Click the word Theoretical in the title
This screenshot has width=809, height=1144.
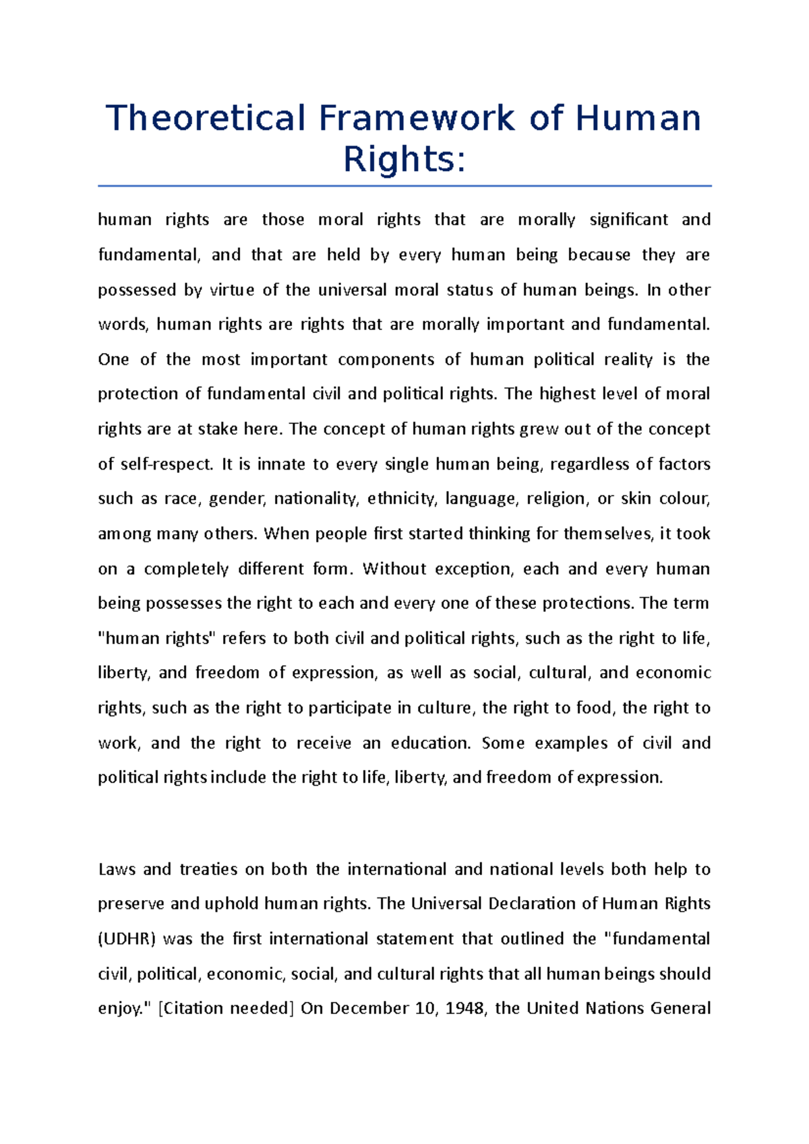click(x=206, y=119)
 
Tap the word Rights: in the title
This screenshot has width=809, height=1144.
click(x=404, y=160)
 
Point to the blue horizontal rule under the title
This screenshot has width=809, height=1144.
click(x=404, y=185)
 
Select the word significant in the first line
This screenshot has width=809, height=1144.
click(x=628, y=220)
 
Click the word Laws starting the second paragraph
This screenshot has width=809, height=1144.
click(x=117, y=869)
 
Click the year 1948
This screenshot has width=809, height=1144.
click(x=465, y=1009)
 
